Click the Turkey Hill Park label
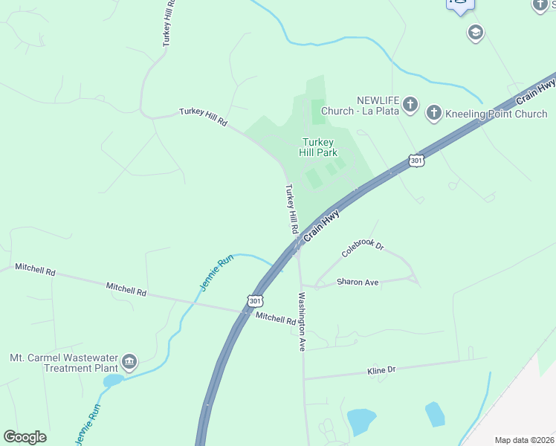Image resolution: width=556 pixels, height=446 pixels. click(x=317, y=147)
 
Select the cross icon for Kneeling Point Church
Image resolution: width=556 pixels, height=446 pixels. click(x=434, y=113)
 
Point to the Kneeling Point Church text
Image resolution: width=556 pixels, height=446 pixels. click(x=496, y=114)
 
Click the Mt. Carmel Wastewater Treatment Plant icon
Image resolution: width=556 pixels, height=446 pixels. click(x=129, y=362)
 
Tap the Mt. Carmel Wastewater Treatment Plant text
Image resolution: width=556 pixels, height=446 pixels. click(x=64, y=363)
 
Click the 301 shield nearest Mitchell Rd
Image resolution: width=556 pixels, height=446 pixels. click(x=255, y=301)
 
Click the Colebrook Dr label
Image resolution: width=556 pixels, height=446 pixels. click(x=362, y=248)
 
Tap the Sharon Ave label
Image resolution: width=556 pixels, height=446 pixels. click(x=358, y=282)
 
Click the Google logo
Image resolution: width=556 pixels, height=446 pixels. click(x=25, y=437)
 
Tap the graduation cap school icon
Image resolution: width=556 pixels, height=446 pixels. click(x=475, y=33)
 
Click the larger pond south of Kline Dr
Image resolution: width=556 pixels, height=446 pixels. click(x=361, y=421)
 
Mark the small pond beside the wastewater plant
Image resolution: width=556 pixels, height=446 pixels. click(x=113, y=381)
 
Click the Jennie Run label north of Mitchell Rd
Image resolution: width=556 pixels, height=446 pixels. click(x=216, y=273)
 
